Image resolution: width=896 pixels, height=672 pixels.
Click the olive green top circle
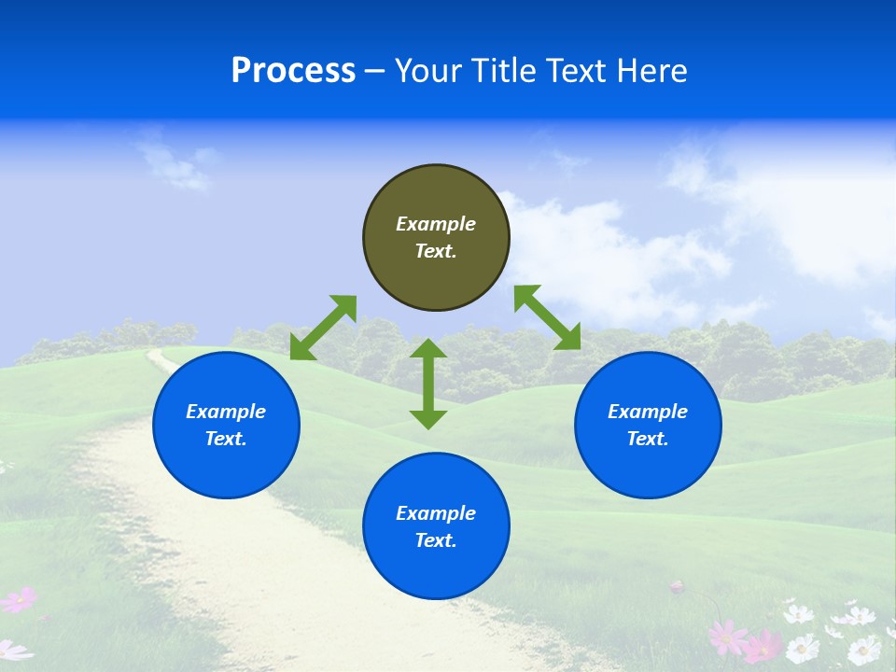click(x=436, y=238)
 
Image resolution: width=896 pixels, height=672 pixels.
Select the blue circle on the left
click(x=226, y=426)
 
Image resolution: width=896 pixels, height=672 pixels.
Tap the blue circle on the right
click(x=648, y=426)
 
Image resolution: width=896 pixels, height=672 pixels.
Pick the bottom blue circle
click(x=436, y=526)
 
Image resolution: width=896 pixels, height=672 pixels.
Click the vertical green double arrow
click(x=428, y=384)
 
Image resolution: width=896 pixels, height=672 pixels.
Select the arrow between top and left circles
click(x=323, y=328)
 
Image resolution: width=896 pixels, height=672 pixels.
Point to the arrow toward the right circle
click(x=547, y=317)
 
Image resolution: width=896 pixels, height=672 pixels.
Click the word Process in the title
click(x=293, y=71)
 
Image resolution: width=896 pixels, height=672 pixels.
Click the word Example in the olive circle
click(x=436, y=224)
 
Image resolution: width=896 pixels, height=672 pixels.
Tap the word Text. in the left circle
click(x=226, y=440)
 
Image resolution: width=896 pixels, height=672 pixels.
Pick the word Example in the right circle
click(x=648, y=412)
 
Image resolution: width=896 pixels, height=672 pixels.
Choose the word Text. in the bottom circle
click(x=436, y=540)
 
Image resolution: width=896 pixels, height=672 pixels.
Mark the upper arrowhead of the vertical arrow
click(x=428, y=349)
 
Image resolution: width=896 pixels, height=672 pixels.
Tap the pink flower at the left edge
click(x=19, y=600)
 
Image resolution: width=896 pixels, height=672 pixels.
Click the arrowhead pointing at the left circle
click(x=301, y=349)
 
